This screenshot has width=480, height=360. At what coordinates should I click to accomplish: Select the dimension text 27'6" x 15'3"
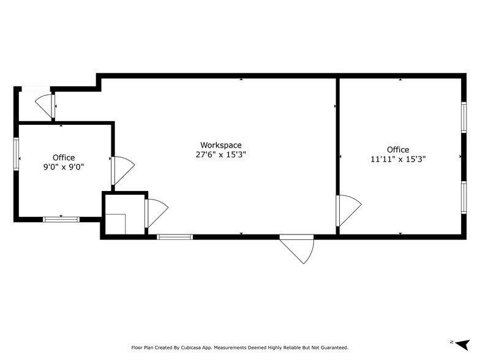point(221,155)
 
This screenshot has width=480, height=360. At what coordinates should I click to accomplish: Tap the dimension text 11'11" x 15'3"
point(397,159)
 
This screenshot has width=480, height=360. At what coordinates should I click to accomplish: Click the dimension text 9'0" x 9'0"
point(63,167)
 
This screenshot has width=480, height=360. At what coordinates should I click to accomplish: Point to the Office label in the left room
point(63,157)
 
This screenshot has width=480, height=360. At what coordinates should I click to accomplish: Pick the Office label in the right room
point(397,150)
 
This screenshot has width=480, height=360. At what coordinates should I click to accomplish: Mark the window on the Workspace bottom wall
point(174,237)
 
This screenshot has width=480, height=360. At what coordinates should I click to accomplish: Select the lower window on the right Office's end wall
point(463,198)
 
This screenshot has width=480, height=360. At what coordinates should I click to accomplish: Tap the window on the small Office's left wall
point(17,154)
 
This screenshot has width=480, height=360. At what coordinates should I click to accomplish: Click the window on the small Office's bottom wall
point(61,219)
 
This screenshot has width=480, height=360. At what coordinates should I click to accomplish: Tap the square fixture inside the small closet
point(115,224)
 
